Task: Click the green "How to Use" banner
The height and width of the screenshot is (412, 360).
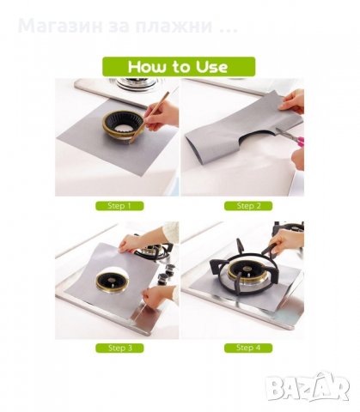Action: pos(179,67)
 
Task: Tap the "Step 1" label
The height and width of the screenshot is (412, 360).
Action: pos(119,206)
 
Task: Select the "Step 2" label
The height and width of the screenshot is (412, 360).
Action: pos(248,206)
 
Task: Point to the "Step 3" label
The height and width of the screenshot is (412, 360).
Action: pos(119,348)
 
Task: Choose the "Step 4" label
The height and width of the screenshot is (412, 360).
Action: pos(248,348)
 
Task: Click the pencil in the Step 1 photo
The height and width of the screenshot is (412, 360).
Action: pos(149,117)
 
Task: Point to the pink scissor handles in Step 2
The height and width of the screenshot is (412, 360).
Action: pos(300,141)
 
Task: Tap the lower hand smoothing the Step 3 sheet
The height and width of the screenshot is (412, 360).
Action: pos(158,295)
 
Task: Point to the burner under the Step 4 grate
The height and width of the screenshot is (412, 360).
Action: pos(247,274)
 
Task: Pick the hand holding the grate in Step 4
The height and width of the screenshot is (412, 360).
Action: pos(286,239)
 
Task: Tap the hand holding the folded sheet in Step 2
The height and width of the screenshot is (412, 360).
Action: pos(292,102)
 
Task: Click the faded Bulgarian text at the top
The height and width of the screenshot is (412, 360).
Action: pos(128,26)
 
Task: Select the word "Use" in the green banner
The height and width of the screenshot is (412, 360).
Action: pos(211,67)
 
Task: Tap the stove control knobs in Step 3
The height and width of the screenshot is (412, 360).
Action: pos(167,273)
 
